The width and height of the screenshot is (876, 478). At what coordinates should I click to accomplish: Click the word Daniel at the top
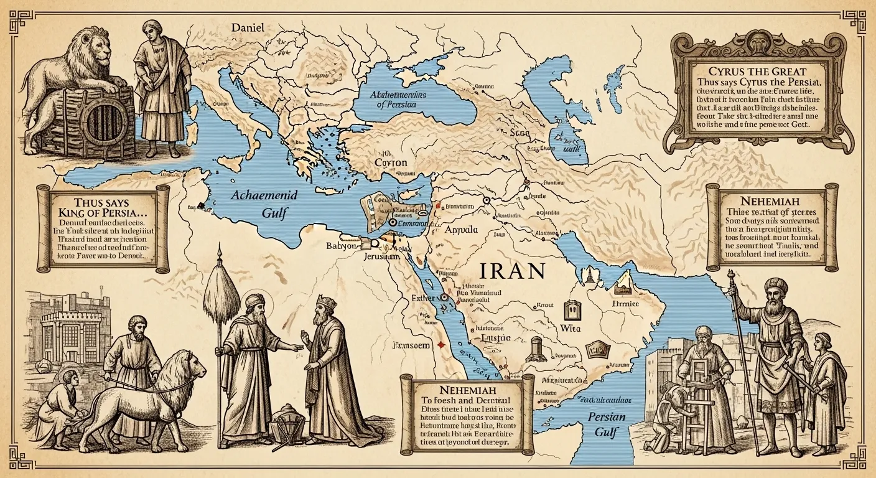click(248, 28)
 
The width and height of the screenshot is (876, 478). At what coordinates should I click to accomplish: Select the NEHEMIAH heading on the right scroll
click(771, 202)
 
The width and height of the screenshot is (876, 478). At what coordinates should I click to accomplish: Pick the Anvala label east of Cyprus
click(462, 230)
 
